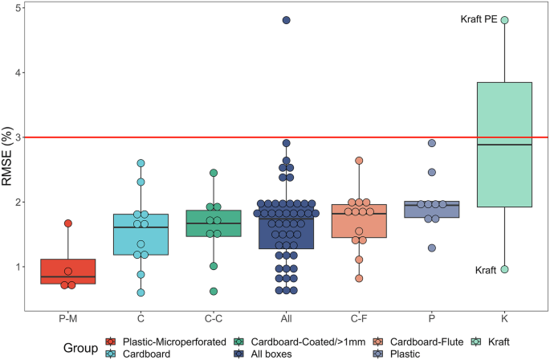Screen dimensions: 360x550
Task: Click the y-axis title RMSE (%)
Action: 11,151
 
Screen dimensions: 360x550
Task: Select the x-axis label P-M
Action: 67,307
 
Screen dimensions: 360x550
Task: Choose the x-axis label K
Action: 504,307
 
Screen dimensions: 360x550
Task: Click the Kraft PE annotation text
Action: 479,19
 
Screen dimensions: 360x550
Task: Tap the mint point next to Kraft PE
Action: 504,20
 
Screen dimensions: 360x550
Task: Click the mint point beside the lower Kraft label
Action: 504,269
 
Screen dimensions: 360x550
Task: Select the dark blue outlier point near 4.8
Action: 286,20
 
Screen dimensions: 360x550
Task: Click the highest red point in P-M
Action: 68,223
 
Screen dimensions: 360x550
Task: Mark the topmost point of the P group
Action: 432,143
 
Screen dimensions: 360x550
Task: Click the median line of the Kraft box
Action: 504,145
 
